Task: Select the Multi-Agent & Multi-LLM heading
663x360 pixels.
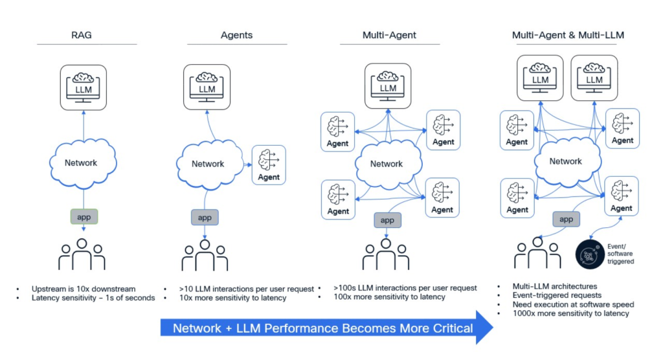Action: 568,34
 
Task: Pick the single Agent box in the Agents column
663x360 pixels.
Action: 269,164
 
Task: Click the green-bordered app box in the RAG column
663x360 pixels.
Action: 84,217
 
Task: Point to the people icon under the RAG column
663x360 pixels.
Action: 82,254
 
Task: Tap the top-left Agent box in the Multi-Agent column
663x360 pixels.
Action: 337,130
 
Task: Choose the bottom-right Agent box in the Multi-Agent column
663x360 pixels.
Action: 442,197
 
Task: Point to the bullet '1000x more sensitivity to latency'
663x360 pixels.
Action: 570,313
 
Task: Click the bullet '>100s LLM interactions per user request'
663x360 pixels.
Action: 405,287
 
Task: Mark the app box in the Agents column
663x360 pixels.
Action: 204,218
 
